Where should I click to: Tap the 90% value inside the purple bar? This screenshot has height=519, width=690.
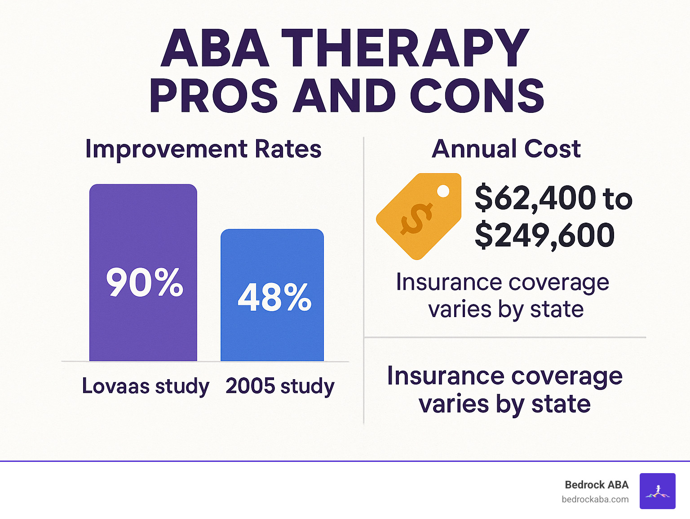[x=145, y=282]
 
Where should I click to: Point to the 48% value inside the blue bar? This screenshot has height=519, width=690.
[x=274, y=297]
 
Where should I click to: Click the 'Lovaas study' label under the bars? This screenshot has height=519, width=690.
[x=145, y=386]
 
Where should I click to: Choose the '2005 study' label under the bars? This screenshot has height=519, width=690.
[x=280, y=386]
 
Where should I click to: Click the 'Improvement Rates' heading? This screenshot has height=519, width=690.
[x=203, y=149]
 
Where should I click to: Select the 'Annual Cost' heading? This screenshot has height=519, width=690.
[x=506, y=149]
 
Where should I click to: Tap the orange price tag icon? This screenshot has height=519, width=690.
[x=419, y=216]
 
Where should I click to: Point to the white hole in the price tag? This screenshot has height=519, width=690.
[x=443, y=191]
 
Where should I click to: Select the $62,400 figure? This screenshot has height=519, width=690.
[x=535, y=198]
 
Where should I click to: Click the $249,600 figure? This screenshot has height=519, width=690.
[x=544, y=235]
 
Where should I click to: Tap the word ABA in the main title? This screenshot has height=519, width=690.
[x=215, y=48]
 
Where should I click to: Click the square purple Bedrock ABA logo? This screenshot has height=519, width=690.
[x=657, y=491]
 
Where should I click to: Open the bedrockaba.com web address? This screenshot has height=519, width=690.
[x=595, y=499]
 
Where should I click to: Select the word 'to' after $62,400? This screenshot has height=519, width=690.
[x=618, y=199]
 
